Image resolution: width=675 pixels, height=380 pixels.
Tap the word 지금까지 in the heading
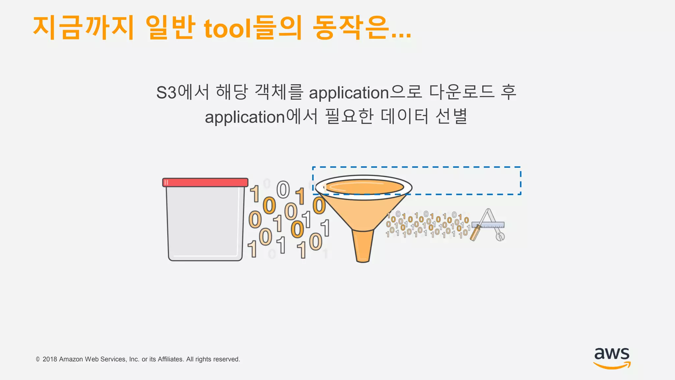[x=83, y=28]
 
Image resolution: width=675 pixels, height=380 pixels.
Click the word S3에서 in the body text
[x=182, y=92]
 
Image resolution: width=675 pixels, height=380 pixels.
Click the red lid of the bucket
[x=205, y=182]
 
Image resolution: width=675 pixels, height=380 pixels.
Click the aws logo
[x=612, y=358]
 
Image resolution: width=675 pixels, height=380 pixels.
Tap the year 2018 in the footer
[x=50, y=359]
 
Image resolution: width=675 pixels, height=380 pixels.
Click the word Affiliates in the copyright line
[x=171, y=359]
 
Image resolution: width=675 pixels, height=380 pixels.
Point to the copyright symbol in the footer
[x=38, y=359]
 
